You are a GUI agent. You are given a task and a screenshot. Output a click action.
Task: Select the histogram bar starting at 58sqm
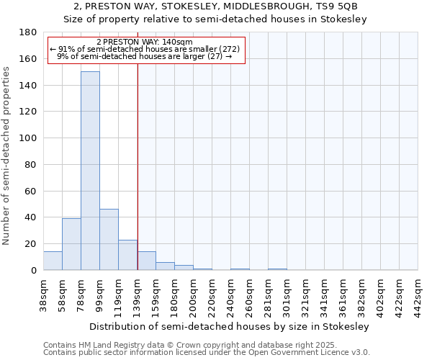click(x=71, y=244)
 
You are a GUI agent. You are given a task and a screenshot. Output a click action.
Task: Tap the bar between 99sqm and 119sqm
click(x=109, y=240)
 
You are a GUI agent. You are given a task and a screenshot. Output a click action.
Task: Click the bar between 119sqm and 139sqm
click(x=127, y=255)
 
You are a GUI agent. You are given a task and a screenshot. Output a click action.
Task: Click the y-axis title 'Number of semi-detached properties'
click(x=7, y=156)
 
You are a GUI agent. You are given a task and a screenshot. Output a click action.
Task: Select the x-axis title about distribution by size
click(x=230, y=326)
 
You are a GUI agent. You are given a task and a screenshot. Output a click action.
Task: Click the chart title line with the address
click(x=215, y=6)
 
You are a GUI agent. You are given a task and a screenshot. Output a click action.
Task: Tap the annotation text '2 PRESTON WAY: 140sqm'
click(x=144, y=42)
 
